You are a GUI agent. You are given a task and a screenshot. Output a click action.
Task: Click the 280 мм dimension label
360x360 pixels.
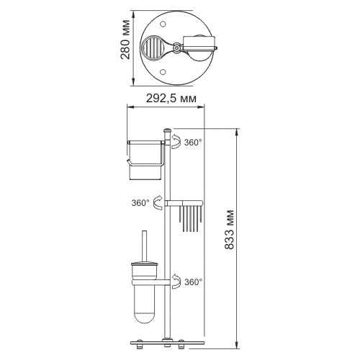pos(125,40)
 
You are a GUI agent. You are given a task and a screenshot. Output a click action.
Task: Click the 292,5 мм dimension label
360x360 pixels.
pos(171,99)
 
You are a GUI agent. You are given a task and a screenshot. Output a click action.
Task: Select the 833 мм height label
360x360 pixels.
pos(229,230)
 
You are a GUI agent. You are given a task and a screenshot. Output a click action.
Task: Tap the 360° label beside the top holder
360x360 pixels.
pos(193,143)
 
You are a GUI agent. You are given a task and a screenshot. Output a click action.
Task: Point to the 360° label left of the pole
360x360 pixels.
pos(140,203)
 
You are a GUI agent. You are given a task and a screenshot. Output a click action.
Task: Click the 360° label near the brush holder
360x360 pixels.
pos(194,282)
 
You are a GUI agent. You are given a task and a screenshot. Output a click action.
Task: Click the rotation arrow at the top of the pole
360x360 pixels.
pos(176,142)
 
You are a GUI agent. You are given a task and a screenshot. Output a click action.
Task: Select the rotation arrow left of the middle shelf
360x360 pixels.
pos(158,203)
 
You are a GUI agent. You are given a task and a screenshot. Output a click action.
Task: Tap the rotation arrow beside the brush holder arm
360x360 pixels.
pos(176,281)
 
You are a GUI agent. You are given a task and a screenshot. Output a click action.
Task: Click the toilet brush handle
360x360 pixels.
pos(144,246)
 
